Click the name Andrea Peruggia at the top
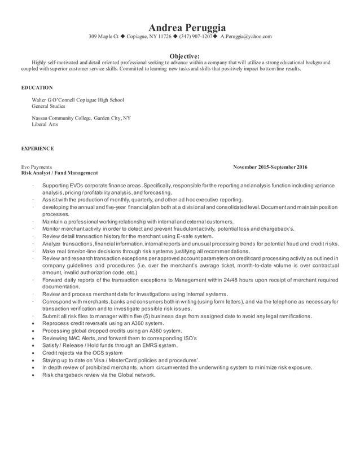179,27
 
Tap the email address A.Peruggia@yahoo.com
245,37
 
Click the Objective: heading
179,56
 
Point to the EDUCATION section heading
37,88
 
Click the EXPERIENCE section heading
38,148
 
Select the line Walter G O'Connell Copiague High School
78,100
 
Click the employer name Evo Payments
37,168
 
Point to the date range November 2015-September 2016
270,168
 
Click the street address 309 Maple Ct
103,37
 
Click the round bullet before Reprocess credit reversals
35,323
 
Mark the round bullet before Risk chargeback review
35,374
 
